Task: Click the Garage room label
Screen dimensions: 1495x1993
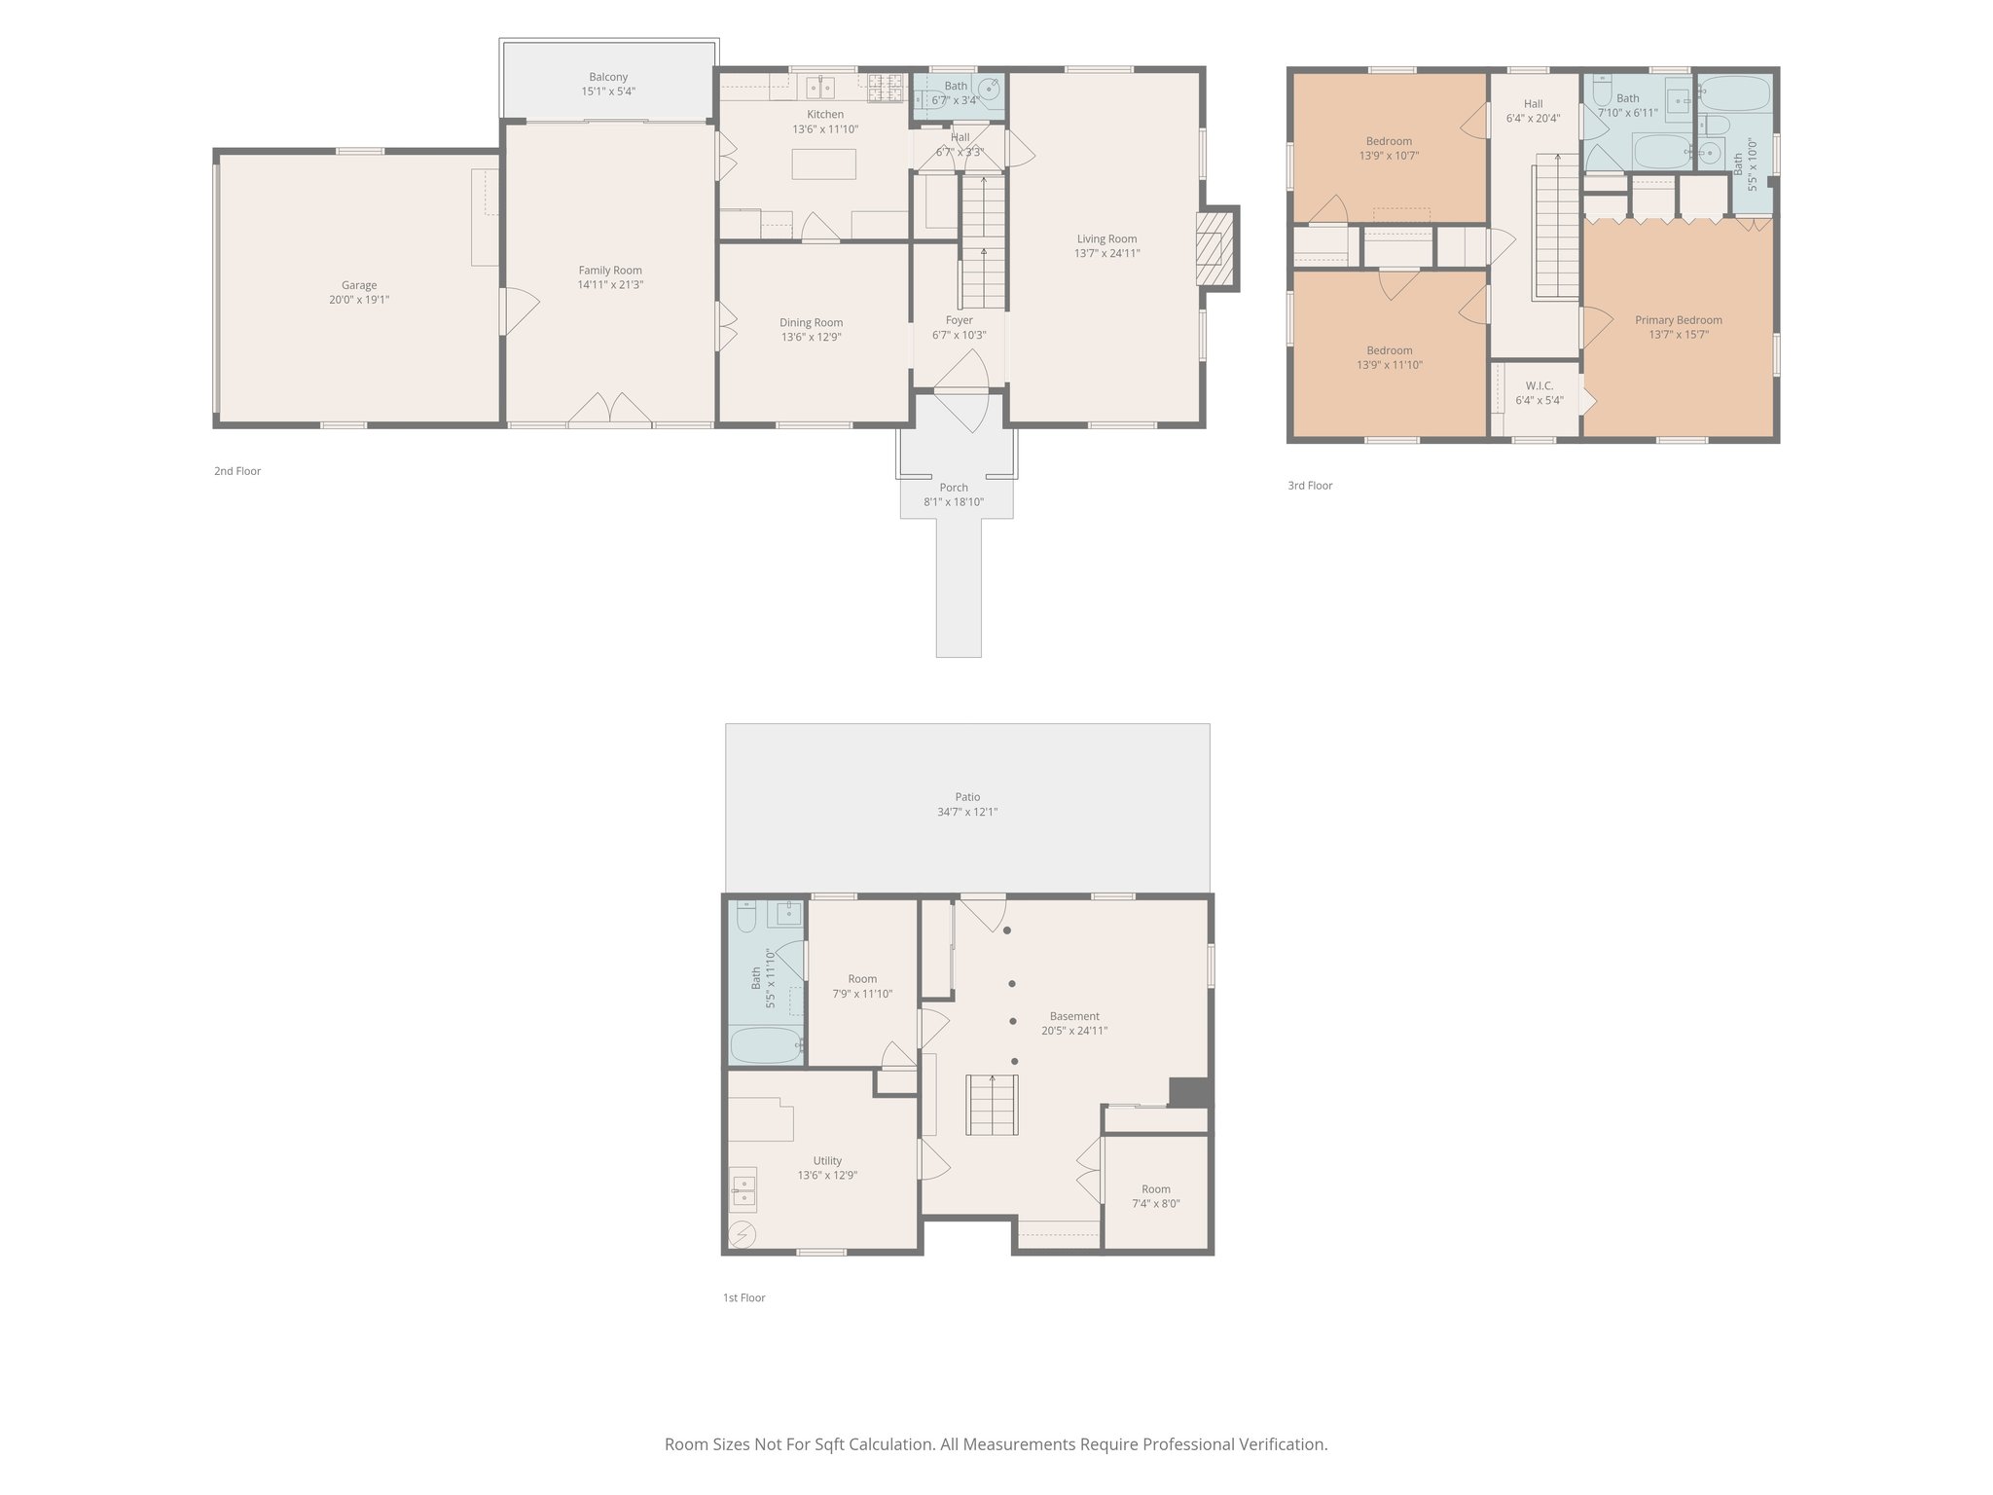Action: [x=359, y=285]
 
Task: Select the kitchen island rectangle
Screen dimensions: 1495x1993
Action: [x=823, y=164]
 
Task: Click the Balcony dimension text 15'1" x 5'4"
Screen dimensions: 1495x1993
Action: [x=608, y=91]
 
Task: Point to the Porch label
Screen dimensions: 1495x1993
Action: [x=953, y=488]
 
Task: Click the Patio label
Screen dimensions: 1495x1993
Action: [x=966, y=797]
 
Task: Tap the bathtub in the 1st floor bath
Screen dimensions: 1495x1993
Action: [x=766, y=1046]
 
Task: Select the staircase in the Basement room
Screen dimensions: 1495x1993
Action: [x=992, y=1105]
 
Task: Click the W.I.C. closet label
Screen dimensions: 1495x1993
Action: [x=1539, y=385]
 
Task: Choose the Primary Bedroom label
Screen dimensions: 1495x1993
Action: [x=1678, y=320]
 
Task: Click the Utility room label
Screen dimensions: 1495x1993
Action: [x=827, y=1160]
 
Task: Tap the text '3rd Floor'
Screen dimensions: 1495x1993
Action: [x=1310, y=486]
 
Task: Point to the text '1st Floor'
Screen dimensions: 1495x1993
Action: [x=743, y=1297]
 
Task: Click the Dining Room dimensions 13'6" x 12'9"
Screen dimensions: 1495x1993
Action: [x=811, y=338]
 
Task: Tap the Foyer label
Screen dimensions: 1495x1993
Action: [x=959, y=320]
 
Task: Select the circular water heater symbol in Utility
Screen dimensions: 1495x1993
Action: [x=743, y=1233]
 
